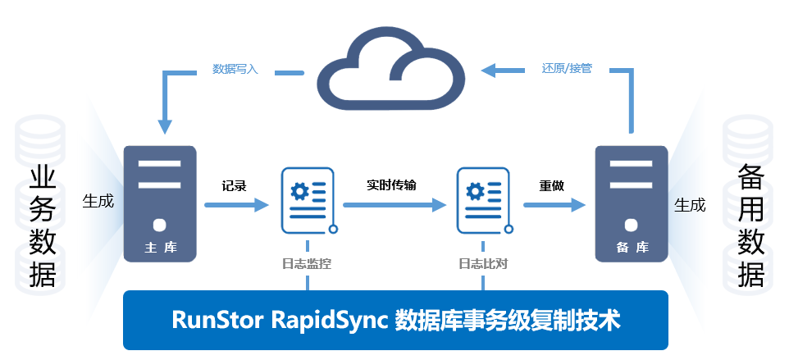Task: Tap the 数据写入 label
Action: [235, 70]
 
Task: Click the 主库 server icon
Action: [160, 203]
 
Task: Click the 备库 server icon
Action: [632, 203]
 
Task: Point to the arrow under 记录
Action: [236, 205]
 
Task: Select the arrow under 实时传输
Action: [394, 205]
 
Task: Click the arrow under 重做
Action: [554, 205]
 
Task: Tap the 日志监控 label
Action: [307, 263]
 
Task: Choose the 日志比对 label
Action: [483, 263]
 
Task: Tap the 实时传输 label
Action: [391, 185]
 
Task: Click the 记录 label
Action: [235, 186]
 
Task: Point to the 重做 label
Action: [551, 186]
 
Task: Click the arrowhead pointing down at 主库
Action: [165, 127]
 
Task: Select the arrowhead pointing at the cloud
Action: [489, 71]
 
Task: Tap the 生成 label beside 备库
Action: [690, 205]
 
